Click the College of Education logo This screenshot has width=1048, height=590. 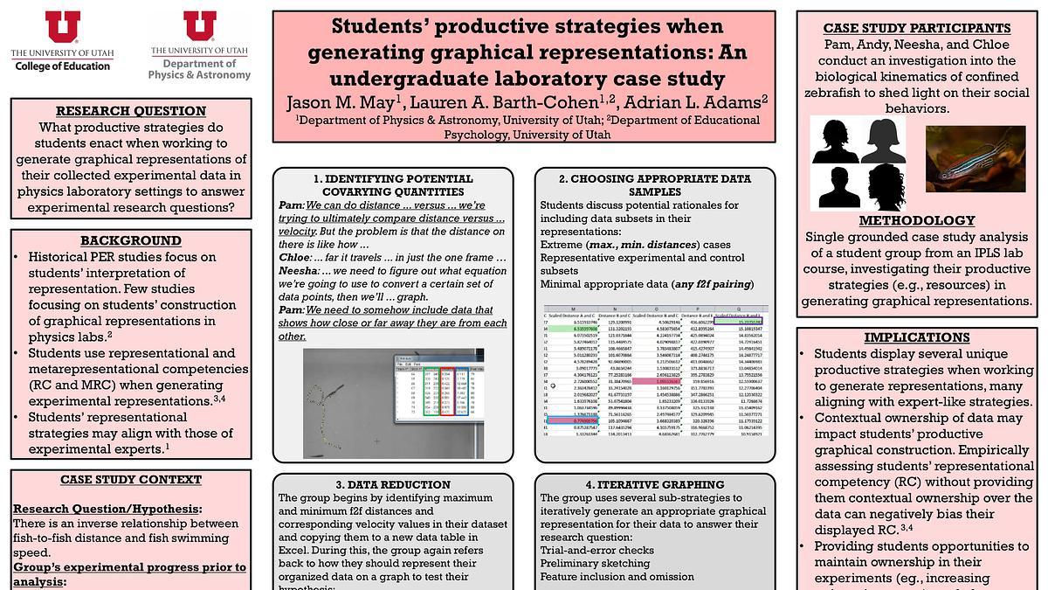pyautogui.click(x=62, y=42)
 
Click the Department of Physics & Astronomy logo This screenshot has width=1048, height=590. pyautogui.click(x=199, y=45)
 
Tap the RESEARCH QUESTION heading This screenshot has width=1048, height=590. pyautogui.click(x=131, y=111)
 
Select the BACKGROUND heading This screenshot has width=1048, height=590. pyautogui.click(x=131, y=240)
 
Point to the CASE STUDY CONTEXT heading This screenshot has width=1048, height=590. pyautogui.click(x=131, y=480)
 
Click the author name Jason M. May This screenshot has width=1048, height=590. pyautogui.click(x=341, y=103)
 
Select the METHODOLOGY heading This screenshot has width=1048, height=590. pyautogui.click(x=916, y=220)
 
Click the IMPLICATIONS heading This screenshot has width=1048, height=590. pyautogui.click(x=916, y=337)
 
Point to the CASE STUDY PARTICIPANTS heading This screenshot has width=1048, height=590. pyautogui.click(x=916, y=28)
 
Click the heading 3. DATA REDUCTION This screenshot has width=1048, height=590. pyautogui.click(x=393, y=484)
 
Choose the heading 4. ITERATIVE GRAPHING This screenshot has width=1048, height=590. pyautogui.click(x=655, y=484)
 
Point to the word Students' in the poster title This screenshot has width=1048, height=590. pyautogui.click(x=373, y=26)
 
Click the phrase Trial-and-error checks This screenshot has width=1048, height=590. pyautogui.click(x=596, y=550)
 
